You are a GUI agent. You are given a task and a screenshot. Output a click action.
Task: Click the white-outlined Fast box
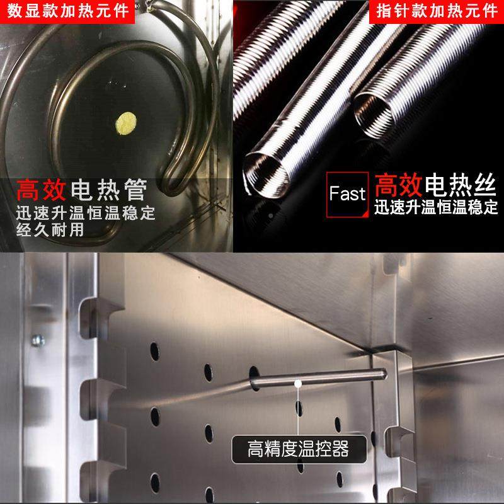[347, 193]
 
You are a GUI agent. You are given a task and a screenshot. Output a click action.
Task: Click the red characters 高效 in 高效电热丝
[398, 185]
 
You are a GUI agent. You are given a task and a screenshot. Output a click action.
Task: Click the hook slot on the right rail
[393, 435]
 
